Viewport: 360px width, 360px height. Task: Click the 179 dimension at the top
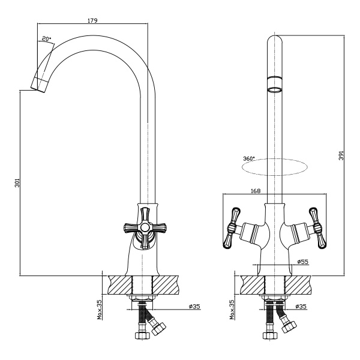[92, 20]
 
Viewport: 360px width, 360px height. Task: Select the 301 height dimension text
[17, 182]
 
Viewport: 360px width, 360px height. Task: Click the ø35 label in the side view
[194, 307]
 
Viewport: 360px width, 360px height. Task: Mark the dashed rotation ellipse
[274, 167]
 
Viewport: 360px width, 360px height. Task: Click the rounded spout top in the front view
[274, 42]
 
